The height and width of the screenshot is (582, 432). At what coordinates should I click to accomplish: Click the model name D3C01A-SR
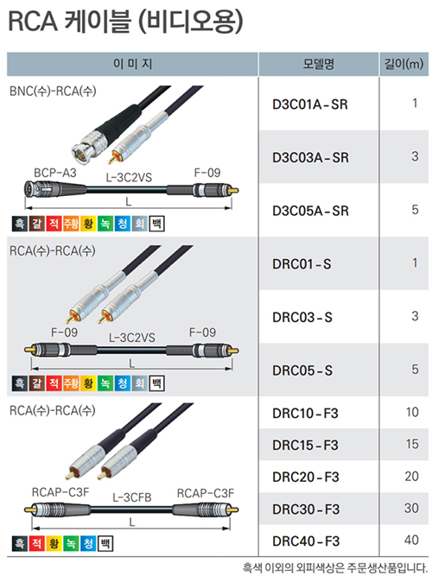(310, 104)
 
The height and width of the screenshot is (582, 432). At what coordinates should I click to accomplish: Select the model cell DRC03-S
(302, 318)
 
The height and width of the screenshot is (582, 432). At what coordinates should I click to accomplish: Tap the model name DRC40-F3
(306, 541)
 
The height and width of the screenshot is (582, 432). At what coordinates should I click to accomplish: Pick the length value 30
(411, 508)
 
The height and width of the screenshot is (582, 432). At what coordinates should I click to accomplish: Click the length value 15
(412, 444)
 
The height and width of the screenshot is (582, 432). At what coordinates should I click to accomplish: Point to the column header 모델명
(318, 64)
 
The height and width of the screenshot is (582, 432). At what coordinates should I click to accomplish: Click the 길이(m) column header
(403, 64)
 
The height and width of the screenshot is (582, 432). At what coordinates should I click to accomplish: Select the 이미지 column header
(132, 64)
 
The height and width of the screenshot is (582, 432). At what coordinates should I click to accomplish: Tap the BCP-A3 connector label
(55, 173)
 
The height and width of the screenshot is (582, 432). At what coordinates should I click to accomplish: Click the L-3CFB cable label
(132, 497)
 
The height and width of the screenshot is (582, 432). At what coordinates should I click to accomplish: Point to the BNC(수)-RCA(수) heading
(53, 91)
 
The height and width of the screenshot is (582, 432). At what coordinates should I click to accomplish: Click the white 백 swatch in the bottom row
(105, 543)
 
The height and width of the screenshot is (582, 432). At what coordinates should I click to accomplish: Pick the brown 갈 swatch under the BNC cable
(37, 224)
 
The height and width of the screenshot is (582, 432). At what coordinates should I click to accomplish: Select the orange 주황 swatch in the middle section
(71, 383)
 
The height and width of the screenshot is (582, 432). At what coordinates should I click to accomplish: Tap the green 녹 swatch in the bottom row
(71, 543)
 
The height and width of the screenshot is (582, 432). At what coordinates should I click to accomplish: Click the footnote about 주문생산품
(335, 567)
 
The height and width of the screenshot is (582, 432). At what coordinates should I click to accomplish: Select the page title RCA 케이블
(69, 21)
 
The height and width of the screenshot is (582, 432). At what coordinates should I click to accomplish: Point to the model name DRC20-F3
(305, 477)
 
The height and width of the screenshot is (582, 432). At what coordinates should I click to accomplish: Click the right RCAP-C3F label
(206, 493)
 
